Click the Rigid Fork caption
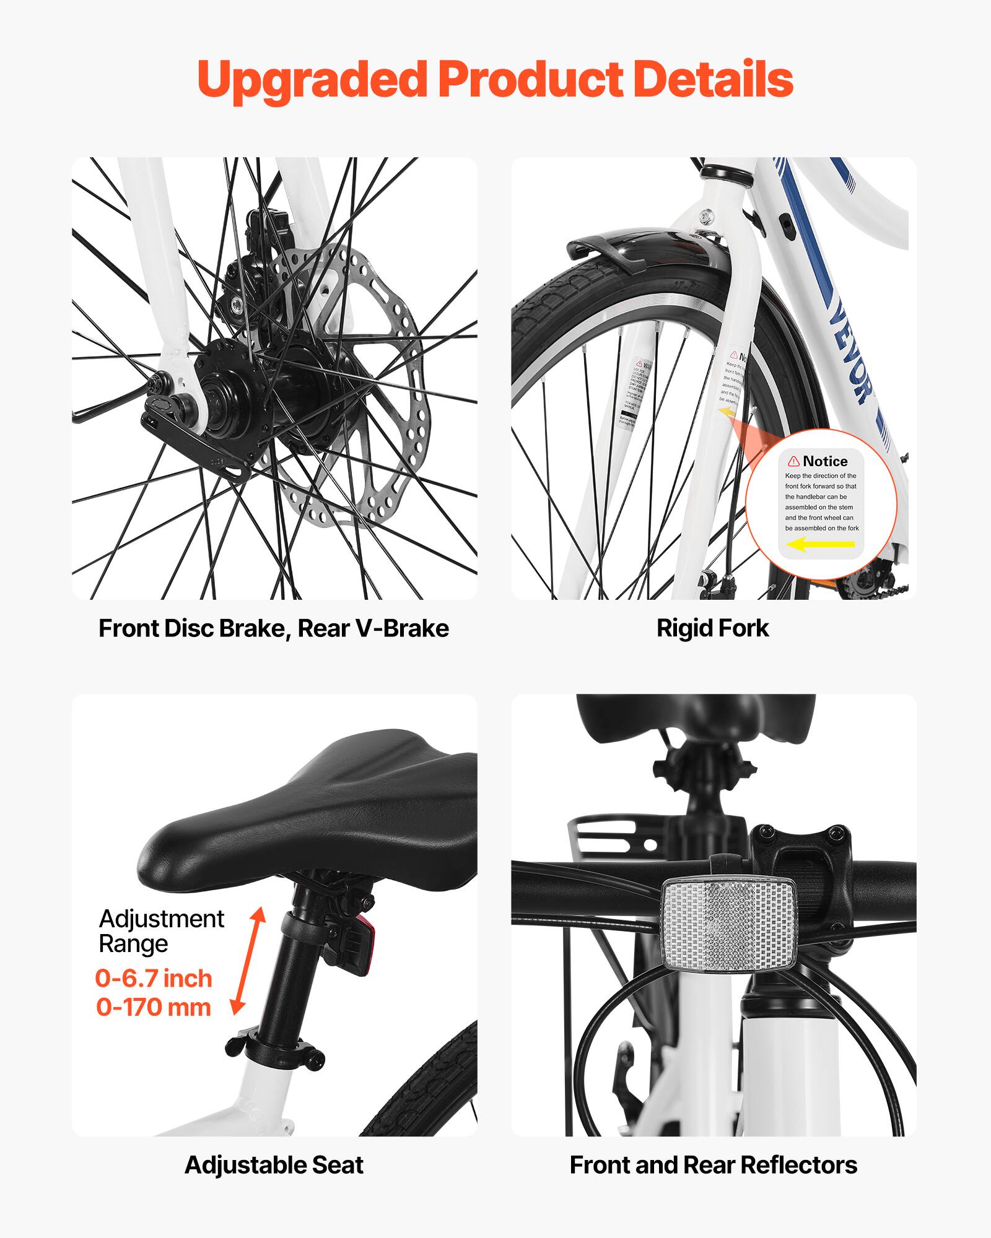[x=712, y=628]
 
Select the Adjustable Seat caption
[x=274, y=1165]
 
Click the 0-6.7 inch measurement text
[x=154, y=979]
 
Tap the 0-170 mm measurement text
[x=154, y=1007]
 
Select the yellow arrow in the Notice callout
[x=820, y=545]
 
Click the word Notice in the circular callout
[x=824, y=461]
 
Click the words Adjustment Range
[x=160, y=931]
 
